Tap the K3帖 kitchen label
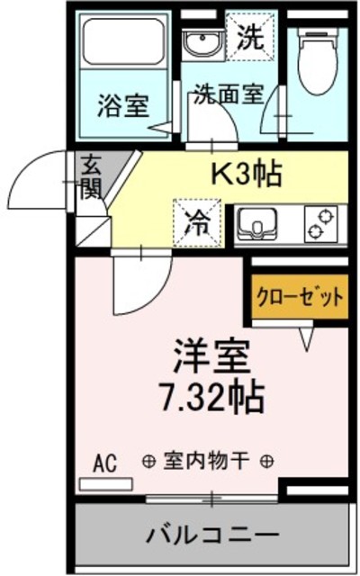tap(247, 173)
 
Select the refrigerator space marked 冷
tap(195, 222)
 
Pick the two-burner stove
tap(320, 223)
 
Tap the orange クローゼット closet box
tap(299, 298)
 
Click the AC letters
tap(105, 463)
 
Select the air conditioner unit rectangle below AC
tap(105, 484)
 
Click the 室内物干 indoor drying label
tap(208, 463)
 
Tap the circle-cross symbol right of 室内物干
tap(267, 463)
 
